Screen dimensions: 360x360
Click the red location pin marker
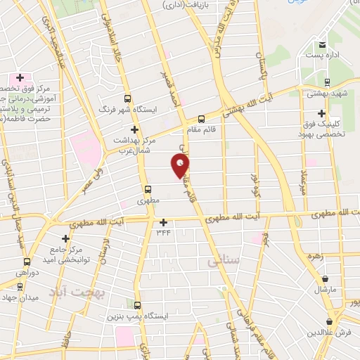[x=181, y=166]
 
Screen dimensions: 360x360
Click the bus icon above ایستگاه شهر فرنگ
[x=127, y=99]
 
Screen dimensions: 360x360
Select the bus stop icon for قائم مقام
[x=202, y=118]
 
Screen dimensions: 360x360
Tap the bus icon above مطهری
[x=148, y=188]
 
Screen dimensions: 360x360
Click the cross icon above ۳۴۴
[x=163, y=221]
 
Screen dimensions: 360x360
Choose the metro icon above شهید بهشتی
[x=309, y=91]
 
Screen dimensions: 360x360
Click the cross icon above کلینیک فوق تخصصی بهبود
[x=322, y=113]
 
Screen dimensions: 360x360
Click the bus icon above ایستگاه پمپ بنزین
[x=136, y=306]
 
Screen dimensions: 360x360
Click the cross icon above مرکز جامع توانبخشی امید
[x=65, y=239]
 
